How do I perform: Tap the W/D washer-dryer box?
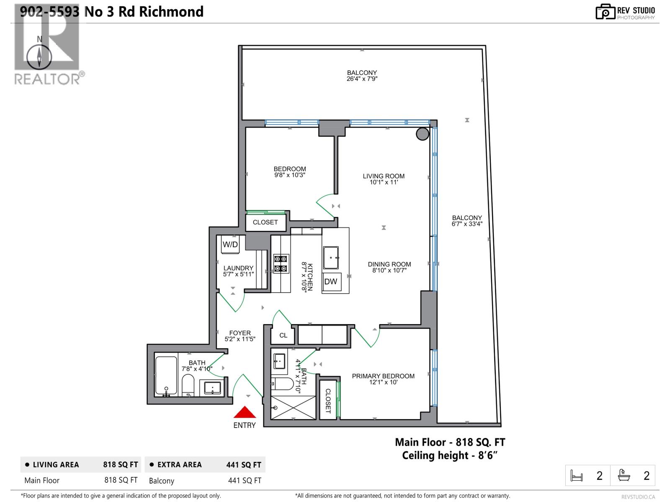230,245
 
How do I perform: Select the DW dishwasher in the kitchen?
331,282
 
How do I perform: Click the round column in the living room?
422,134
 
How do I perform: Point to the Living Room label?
384,176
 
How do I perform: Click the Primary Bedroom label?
383,376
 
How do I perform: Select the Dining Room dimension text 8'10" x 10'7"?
389,270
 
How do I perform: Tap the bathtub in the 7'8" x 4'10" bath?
166,376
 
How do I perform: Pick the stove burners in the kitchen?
281,264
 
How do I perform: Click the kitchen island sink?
331,258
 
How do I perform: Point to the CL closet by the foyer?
283,335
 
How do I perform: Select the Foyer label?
240,333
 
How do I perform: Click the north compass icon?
39,56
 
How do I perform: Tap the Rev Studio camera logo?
605,12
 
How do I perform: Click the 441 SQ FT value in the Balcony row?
245,481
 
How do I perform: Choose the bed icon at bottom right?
577,476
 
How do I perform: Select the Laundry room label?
238,268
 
